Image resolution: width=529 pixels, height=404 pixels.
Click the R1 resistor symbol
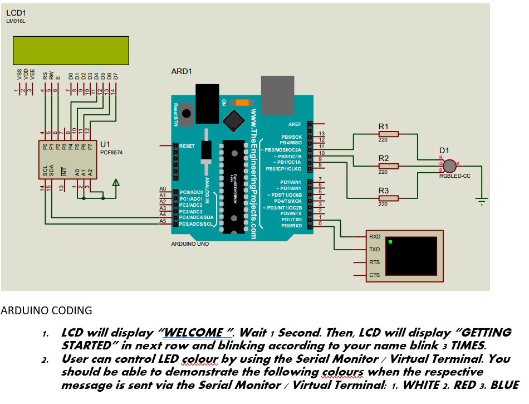tap(388, 134)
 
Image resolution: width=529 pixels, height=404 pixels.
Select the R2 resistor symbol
tap(388, 166)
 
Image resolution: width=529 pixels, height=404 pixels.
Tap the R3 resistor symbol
tap(388, 198)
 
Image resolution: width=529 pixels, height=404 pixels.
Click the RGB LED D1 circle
tap(450, 166)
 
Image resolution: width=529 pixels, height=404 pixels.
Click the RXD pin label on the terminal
tap(375, 237)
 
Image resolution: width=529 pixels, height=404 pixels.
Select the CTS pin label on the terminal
tap(375, 275)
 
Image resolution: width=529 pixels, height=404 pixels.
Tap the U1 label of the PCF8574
tap(105, 145)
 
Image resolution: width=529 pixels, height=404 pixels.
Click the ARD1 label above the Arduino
tap(182, 72)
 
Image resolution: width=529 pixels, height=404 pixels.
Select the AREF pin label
tap(295, 124)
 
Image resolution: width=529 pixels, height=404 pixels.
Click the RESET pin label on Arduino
tap(187, 146)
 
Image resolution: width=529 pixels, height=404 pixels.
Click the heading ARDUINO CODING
tap(46, 310)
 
